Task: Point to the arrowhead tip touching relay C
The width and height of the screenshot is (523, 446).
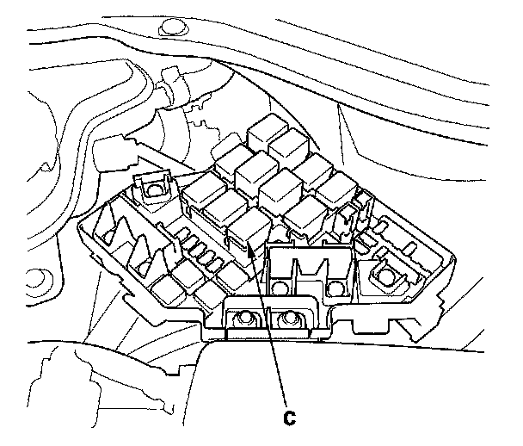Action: pyautogui.click(x=249, y=249)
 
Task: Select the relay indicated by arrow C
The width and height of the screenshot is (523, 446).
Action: pyautogui.click(x=248, y=229)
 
